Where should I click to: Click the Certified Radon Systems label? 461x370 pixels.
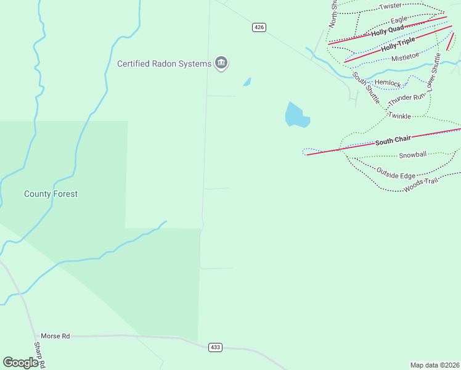pyautogui.click(x=164, y=64)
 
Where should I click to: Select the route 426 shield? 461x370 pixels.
pyautogui.click(x=259, y=27)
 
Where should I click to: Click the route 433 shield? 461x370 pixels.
pyautogui.click(x=214, y=347)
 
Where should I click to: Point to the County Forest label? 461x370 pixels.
pyautogui.click(x=51, y=194)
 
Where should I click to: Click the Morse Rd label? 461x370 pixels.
pyautogui.click(x=55, y=336)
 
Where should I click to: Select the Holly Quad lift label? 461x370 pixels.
pyautogui.click(x=387, y=30)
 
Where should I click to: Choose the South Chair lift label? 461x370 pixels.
pyautogui.click(x=393, y=142)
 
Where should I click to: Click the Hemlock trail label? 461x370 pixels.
pyautogui.click(x=388, y=83)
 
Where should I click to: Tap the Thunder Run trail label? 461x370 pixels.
pyautogui.click(x=407, y=97)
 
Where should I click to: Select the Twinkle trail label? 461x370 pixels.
pyautogui.click(x=399, y=116)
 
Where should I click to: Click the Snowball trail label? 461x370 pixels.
pyautogui.click(x=412, y=155)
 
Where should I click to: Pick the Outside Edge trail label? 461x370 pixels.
pyautogui.click(x=396, y=175)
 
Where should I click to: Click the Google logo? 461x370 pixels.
pyautogui.click(x=20, y=363)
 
